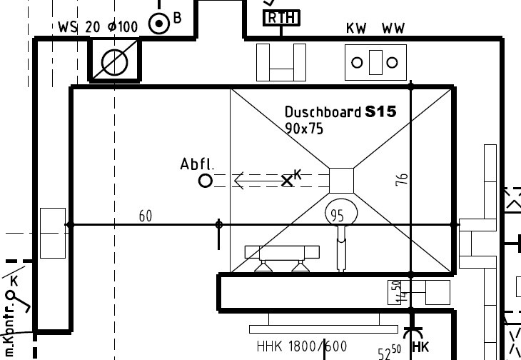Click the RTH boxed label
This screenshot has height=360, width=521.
(x=282, y=18)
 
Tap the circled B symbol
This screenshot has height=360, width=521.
(x=158, y=24)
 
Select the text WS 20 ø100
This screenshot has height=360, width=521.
(x=98, y=27)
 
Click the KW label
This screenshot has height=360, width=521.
(x=356, y=29)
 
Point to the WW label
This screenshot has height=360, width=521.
(x=393, y=29)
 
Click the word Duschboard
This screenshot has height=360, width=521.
(x=323, y=112)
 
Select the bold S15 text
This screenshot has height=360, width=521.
(x=380, y=111)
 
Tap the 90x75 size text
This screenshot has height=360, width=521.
(x=303, y=129)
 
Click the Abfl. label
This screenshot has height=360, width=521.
(x=196, y=164)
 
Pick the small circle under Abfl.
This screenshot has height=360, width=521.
(x=205, y=181)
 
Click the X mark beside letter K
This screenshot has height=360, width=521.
(x=287, y=181)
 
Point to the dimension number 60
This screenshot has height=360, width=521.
(x=146, y=216)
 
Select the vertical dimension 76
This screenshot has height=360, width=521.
(x=402, y=180)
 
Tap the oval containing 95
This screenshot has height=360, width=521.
(x=339, y=214)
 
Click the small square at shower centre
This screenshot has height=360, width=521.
(x=341, y=180)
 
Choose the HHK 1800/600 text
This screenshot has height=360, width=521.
(x=302, y=347)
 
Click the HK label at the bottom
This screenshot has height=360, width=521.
(x=421, y=348)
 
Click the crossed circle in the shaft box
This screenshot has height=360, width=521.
(x=115, y=62)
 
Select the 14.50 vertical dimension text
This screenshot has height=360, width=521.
(x=395, y=291)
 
